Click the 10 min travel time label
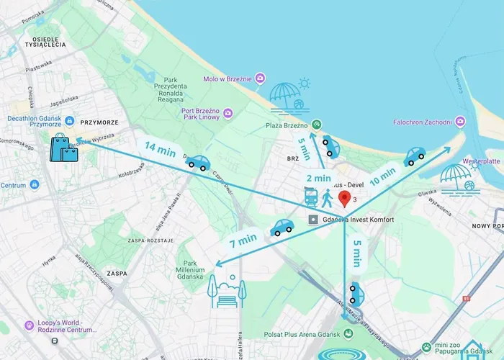point(382,176)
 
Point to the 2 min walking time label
point(318,178)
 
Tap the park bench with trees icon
point(226,289)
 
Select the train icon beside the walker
point(311,197)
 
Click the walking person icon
point(328,197)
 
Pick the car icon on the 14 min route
point(197,162)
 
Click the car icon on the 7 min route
point(282,228)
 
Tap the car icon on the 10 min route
point(414,156)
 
